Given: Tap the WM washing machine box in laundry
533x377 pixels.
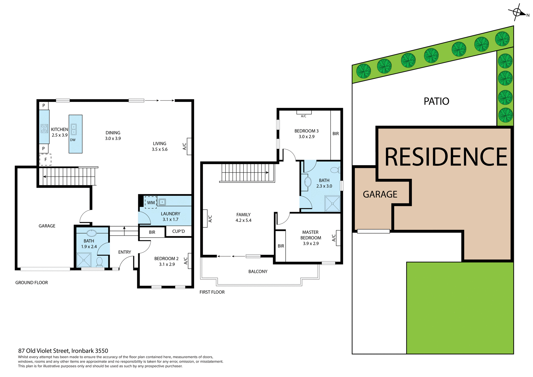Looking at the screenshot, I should pos(151,202).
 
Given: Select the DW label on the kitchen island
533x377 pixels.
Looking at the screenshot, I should pos(73,140).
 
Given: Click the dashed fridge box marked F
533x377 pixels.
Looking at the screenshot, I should pos(46,160).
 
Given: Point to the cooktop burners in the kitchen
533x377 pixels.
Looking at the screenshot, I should pos(44,129).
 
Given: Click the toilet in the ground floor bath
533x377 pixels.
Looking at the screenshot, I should pos(99,262).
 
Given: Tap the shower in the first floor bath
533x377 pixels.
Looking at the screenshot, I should pos(332,203).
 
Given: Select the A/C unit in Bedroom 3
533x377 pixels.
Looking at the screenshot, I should pos(304,112).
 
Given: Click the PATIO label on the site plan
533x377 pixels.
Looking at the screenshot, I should pos(436,101).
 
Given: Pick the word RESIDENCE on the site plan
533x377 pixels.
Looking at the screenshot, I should pos(446,157).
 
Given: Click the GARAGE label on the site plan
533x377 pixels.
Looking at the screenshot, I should pos(380,194).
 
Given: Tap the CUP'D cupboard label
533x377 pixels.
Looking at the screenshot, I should pos(178,231).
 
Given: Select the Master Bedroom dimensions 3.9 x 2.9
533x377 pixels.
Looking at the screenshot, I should pos(311,243).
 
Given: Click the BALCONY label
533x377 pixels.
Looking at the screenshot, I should pos(258,272).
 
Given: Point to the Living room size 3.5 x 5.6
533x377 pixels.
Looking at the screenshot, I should pos(160,149).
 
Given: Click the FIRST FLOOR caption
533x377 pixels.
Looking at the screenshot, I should pos(212,292).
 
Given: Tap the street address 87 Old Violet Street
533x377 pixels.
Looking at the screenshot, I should pos(63,351).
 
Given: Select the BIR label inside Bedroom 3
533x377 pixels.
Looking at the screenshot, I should pos(336,134).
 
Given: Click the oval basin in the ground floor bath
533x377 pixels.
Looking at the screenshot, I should pos(92,233).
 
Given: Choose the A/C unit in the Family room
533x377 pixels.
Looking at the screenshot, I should pos(205,218).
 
